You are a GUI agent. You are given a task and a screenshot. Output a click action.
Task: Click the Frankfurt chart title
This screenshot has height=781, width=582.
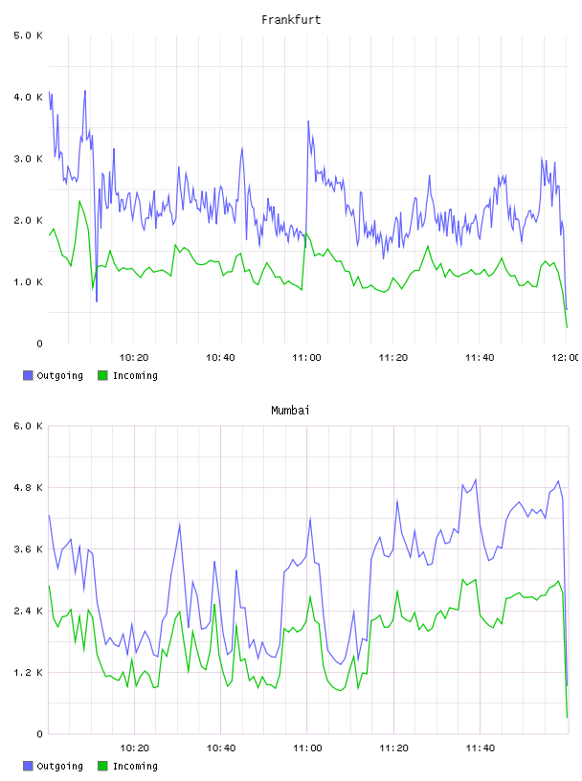291,20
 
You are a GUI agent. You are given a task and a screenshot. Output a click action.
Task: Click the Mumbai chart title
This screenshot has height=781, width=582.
290,411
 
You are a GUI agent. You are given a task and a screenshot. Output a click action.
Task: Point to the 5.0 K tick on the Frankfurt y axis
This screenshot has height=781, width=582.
29,35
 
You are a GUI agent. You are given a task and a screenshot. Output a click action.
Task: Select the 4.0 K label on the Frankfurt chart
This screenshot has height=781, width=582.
29,97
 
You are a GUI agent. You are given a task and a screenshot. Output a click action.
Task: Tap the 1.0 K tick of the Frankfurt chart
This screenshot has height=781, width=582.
29,282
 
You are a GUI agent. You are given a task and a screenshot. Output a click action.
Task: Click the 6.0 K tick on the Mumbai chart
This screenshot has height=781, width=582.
29,426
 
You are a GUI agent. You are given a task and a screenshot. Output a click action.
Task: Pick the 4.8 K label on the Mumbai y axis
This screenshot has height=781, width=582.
29,487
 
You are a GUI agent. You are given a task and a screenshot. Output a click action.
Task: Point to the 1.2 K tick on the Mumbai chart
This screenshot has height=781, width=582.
29,673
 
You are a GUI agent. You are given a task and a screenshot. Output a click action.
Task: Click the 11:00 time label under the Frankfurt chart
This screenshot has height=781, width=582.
307,357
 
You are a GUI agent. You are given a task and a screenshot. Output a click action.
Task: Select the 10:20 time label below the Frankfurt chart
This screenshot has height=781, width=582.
134,357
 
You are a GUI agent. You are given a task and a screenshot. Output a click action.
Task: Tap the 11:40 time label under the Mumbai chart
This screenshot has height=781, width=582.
481,748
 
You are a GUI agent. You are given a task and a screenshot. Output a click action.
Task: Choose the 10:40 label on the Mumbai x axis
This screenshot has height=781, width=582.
221,748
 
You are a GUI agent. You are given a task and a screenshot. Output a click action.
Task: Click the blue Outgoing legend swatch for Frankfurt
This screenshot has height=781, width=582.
28,375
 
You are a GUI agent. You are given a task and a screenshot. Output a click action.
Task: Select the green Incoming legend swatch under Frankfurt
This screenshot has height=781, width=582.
102,375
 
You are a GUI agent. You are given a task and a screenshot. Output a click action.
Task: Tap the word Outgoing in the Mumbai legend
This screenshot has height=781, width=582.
59,766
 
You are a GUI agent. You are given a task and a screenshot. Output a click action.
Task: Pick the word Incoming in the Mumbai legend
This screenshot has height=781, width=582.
135,766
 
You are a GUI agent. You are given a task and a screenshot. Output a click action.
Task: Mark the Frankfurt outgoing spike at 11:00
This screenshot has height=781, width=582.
308,121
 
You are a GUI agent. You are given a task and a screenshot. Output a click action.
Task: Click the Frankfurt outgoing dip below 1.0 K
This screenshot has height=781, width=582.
97,301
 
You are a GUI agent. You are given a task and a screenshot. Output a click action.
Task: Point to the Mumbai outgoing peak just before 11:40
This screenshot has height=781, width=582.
476,480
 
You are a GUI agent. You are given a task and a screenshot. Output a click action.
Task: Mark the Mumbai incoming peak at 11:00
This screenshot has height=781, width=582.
310,596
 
